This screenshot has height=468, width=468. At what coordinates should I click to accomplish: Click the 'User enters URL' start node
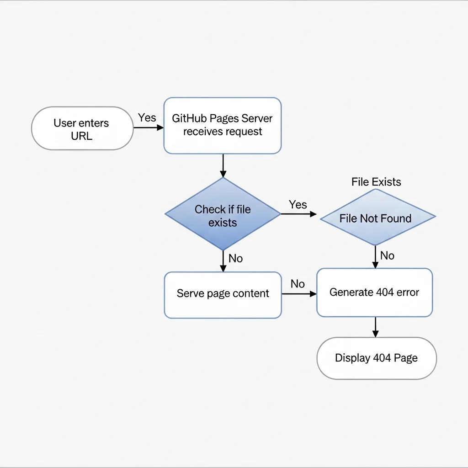tap(82, 128)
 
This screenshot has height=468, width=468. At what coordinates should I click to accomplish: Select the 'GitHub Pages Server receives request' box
tap(223, 125)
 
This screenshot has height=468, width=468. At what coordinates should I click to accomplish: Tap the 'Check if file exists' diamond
tap(223, 214)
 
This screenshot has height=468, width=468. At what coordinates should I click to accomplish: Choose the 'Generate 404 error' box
tap(374, 292)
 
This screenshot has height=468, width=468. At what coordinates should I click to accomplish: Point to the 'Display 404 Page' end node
tap(377, 358)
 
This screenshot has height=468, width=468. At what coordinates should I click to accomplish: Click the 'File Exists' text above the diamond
tap(376, 182)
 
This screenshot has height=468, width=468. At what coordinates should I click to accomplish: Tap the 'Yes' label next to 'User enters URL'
tap(147, 117)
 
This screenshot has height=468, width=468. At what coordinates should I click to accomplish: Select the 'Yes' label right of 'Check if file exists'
tap(298, 204)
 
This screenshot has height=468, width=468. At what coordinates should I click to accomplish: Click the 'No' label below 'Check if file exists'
tap(235, 258)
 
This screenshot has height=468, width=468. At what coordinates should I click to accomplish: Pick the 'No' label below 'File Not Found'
tap(387, 255)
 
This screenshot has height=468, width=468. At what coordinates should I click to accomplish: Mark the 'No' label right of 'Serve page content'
tap(298, 284)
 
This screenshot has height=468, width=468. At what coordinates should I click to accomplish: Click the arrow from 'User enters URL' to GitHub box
tap(148, 128)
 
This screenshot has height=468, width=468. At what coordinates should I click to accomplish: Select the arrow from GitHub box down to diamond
tap(223, 165)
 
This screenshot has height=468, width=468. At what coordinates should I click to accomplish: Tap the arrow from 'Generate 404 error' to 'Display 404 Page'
tap(375, 327)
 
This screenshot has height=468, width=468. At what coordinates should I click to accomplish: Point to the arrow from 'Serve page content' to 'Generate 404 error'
tap(299, 294)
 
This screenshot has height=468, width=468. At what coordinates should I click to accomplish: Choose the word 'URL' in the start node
tap(82, 136)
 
